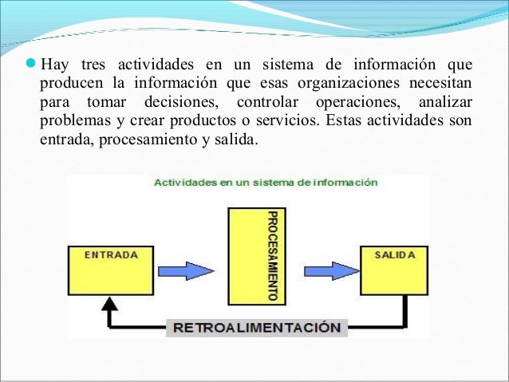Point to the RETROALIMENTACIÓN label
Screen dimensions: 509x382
[258, 327]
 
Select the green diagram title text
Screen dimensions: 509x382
[265, 183]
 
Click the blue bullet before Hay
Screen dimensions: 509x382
[31, 63]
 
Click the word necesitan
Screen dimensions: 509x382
[436, 83]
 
